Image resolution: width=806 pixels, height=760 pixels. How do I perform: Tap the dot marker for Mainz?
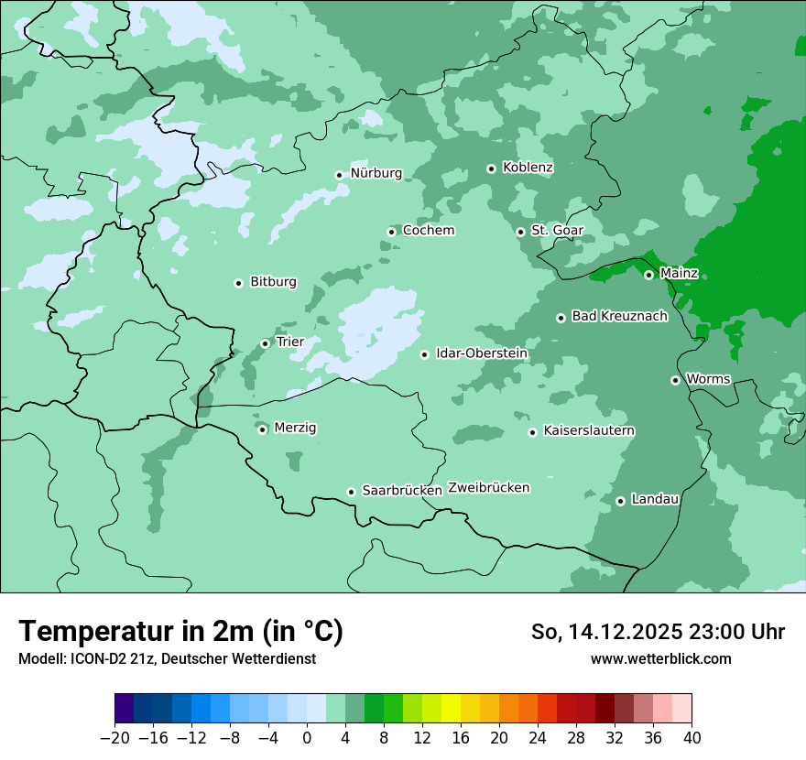click(x=648, y=275)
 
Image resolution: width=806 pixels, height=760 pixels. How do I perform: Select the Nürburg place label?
click(x=376, y=173)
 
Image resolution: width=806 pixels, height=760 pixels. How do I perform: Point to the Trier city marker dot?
click(x=265, y=343)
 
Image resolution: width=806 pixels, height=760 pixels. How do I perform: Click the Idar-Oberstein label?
click(x=482, y=353)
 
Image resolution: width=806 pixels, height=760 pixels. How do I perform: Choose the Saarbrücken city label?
click(x=402, y=491)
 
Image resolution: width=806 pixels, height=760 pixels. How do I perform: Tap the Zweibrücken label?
click(x=489, y=488)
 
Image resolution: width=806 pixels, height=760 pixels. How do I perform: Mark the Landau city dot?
click(x=620, y=501)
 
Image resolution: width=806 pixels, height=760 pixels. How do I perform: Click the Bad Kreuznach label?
click(x=619, y=317)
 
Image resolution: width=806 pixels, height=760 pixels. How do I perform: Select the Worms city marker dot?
click(x=675, y=380)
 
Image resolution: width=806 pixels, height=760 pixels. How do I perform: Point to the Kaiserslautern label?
click(x=589, y=431)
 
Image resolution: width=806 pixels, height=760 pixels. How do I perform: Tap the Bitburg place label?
click(x=273, y=282)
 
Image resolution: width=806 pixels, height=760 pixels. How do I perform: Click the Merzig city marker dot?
click(x=262, y=429)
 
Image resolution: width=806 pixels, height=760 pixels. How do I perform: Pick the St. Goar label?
click(x=557, y=231)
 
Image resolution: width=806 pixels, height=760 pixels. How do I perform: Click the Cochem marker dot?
click(x=391, y=232)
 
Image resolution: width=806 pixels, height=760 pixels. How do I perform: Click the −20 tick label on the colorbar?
click(x=114, y=738)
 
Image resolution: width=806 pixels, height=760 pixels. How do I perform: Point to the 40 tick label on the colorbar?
click(x=692, y=738)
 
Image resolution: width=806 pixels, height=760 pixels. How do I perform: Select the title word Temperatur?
click(x=98, y=631)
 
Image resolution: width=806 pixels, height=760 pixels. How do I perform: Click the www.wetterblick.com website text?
click(x=660, y=658)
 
